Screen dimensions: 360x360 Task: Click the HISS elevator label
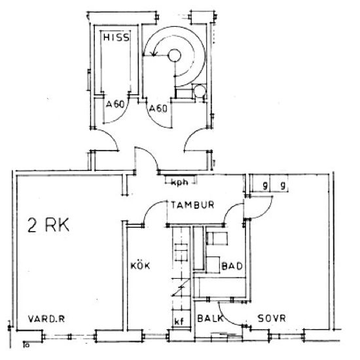pyautogui.click(x=116, y=37)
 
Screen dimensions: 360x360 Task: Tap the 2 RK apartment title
pyautogui.click(x=48, y=225)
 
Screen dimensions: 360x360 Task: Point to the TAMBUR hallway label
pyautogui.click(x=192, y=205)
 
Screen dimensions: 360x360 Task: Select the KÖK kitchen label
pyautogui.click(x=140, y=266)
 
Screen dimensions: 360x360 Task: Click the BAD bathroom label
pyautogui.click(x=232, y=266)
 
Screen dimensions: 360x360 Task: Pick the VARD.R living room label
pyautogui.click(x=46, y=319)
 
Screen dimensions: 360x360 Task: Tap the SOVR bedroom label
pyautogui.click(x=272, y=319)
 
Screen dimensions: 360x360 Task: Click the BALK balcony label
pyautogui.click(x=210, y=319)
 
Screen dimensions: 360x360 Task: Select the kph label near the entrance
pyautogui.click(x=180, y=183)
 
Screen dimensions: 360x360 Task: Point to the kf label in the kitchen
pyautogui.click(x=179, y=321)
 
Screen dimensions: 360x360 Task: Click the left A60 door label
pyautogui.click(x=115, y=105)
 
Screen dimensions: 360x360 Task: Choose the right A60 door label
pyautogui.click(x=158, y=108)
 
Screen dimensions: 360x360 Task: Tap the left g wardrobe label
pyautogui.click(x=265, y=185)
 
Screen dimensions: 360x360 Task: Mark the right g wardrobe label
pyautogui.click(x=283, y=185)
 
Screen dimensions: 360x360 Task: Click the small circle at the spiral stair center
pyautogui.click(x=175, y=56)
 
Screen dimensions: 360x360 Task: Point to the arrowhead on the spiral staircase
pyautogui.click(x=154, y=53)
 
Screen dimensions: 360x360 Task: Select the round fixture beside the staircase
pyautogui.click(x=199, y=91)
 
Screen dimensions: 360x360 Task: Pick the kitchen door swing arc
pyautogui.click(x=151, y=207)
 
